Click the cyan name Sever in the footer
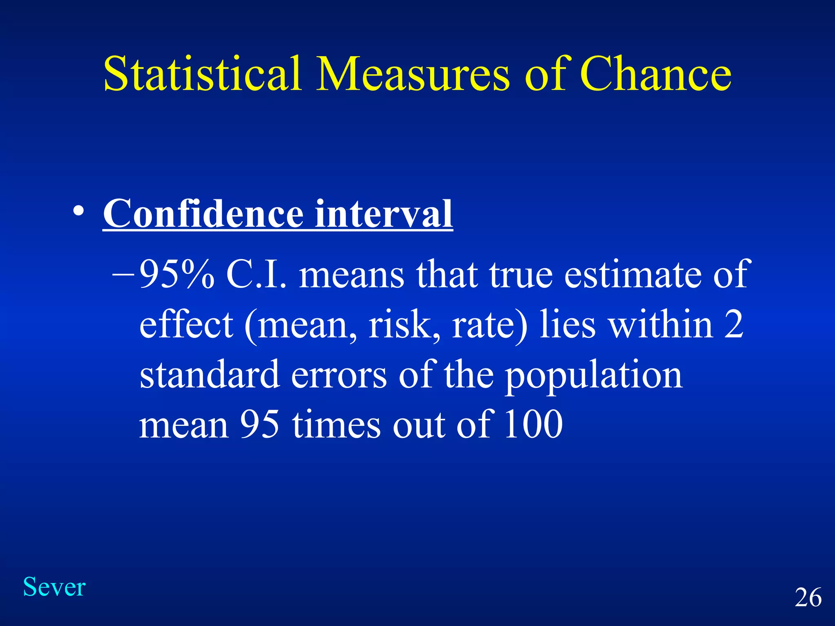(54, 587)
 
